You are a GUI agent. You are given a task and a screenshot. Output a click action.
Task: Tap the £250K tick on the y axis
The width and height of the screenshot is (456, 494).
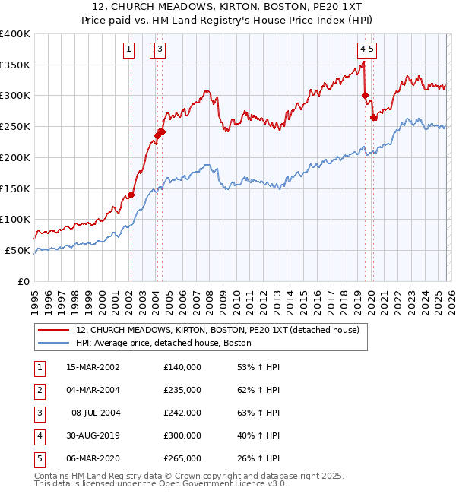(x=15, y=127)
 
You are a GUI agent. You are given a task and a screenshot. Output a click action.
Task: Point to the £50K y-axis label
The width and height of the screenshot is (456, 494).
(x=17, y=250)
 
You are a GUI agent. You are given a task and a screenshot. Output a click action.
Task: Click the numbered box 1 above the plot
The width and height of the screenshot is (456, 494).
(x=128, y=50)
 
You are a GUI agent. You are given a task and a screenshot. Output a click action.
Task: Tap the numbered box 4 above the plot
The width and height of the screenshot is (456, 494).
(x=363, y=50)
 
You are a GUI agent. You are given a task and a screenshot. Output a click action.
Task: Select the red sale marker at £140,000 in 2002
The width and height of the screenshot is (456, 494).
(x=131, y=195)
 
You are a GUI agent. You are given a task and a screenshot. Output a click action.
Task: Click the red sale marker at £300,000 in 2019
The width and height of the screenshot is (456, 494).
(x=365, y=96)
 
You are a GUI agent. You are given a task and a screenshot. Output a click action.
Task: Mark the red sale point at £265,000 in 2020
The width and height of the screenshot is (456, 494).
(x=373, y=117)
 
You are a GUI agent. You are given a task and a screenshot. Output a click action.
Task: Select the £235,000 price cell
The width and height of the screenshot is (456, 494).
(x=182, y=390)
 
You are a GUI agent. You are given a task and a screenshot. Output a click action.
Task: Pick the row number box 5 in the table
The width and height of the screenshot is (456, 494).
(x=39, y=458)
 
